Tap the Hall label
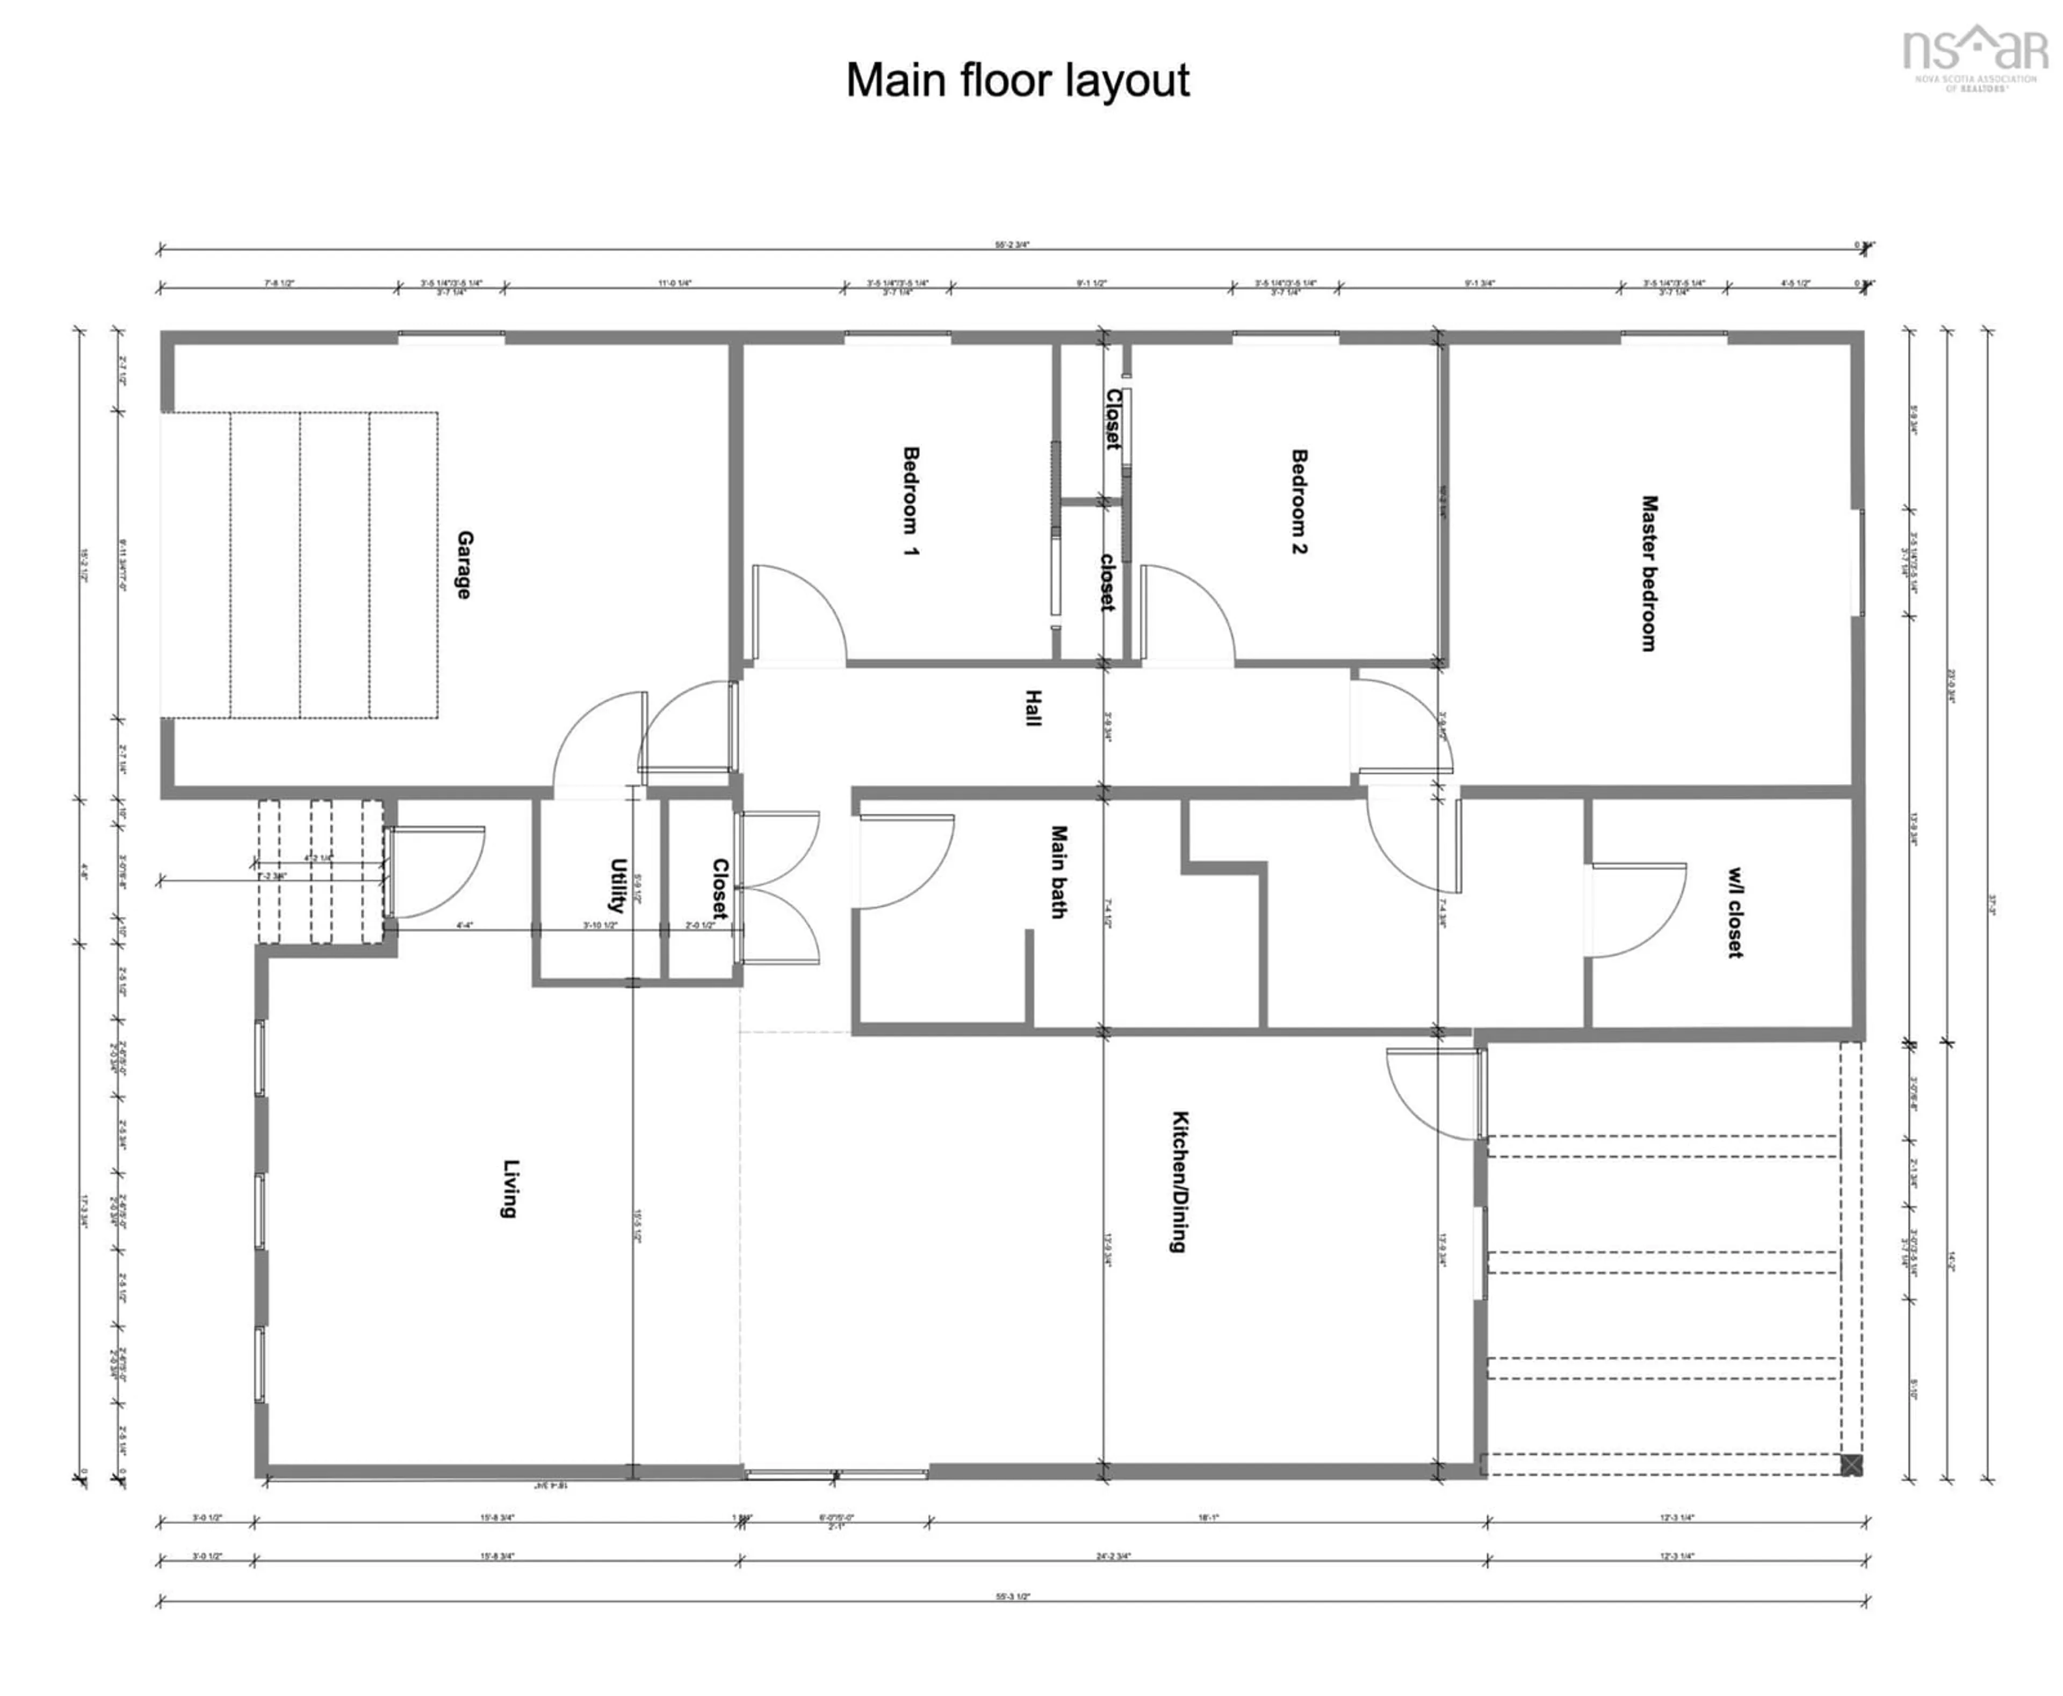(1033, 707)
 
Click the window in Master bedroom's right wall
(1859, 562)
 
